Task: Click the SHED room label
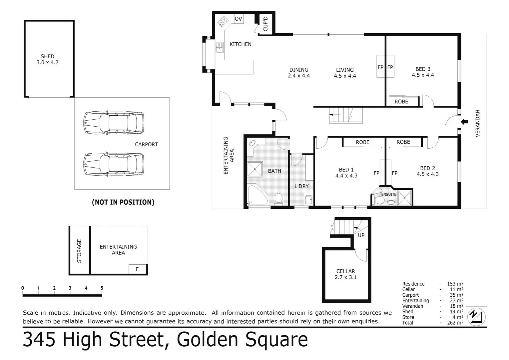click(47, 56)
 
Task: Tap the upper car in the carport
click(114, 123)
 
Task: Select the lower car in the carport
click(114, 164)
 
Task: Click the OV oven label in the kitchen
click(238, 19)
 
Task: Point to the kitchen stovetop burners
click(223, 22)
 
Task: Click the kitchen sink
click(220, 47)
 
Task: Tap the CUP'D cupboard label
click(265, 24)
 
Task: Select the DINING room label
click(298, 70)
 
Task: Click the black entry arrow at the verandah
click(464, 122)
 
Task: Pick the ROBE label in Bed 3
click(401, 102)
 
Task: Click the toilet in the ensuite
click(379, 200)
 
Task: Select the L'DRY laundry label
click(301, 186)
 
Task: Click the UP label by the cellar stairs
click(361, 235)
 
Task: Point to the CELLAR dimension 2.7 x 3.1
click(345, 277)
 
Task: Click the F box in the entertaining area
click(137, 269)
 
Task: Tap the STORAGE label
click(79, 251)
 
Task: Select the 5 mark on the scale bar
click(102, 288)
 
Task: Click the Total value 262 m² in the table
click(455, 323)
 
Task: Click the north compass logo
click(476, 316)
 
